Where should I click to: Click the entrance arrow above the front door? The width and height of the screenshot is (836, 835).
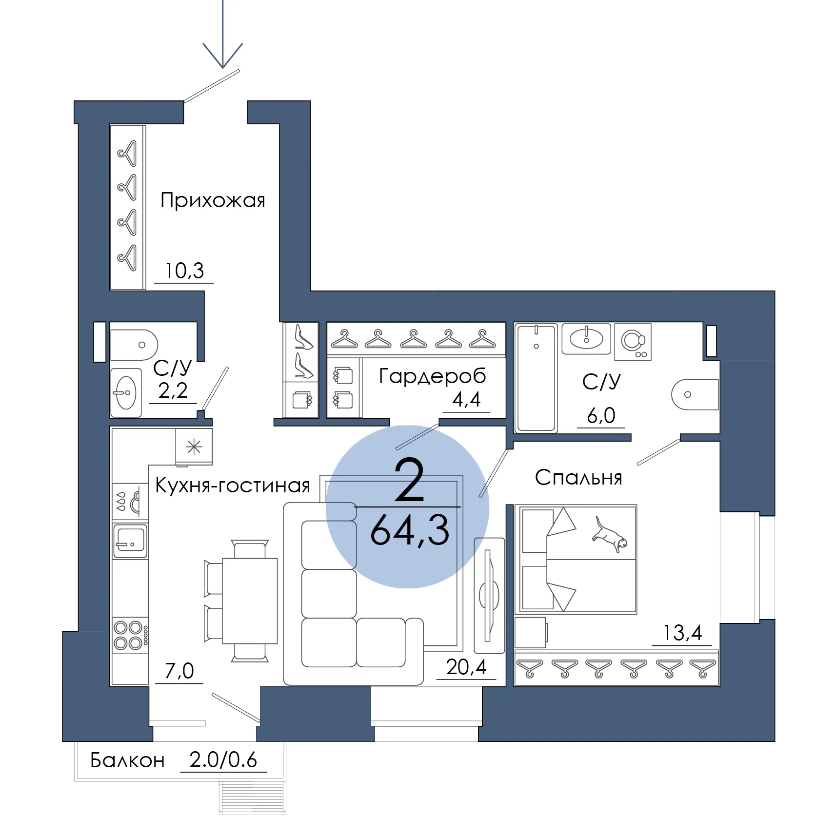(223, 34)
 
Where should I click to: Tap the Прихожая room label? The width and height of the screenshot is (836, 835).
(213, 200)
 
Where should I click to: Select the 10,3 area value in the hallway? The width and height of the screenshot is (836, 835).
(184, 271)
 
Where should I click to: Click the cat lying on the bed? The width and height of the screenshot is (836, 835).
(610, 534)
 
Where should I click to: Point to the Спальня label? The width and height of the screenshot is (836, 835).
(578, 478)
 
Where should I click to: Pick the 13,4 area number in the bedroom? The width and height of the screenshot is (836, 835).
(682, 633)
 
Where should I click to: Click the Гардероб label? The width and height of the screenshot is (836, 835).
(433, 376)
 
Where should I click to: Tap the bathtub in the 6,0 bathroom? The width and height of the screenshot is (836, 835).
(536, 378)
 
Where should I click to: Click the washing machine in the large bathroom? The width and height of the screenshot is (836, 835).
(633, 342)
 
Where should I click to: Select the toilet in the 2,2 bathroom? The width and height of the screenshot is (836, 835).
(134, 345)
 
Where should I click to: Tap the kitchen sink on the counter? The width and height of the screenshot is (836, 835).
(130, 541)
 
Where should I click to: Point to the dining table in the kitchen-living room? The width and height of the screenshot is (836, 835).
(250, 601)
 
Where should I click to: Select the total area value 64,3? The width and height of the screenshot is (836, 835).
(410, 530)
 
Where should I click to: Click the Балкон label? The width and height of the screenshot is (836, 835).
(127, 760)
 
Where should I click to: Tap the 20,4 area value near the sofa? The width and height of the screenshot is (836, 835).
(466, 667)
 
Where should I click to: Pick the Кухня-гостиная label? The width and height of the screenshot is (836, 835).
(233, 485)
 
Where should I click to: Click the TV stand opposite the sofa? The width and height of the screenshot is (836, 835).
(489, 595)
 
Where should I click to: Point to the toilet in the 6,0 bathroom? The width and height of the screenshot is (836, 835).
(695, 394)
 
